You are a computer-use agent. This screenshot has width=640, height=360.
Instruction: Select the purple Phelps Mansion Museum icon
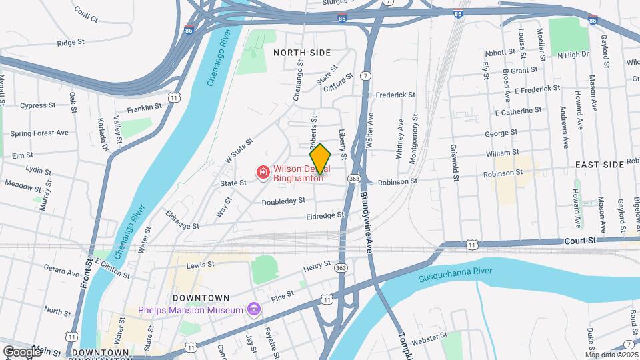(253, 309)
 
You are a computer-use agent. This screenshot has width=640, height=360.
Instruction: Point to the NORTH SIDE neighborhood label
(303, 51)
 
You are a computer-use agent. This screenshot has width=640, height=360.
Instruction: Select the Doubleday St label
(283, 201)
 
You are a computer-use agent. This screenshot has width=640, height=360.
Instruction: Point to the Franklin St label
(145, 107)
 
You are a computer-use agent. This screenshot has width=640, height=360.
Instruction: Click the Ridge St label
(71, 43)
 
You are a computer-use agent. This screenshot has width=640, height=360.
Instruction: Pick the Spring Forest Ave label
(39, 133)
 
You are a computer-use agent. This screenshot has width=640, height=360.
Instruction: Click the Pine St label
(283, 295)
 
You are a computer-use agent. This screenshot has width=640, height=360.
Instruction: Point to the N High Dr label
(573, 55)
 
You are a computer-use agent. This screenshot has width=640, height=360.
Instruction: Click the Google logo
(22, 351)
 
